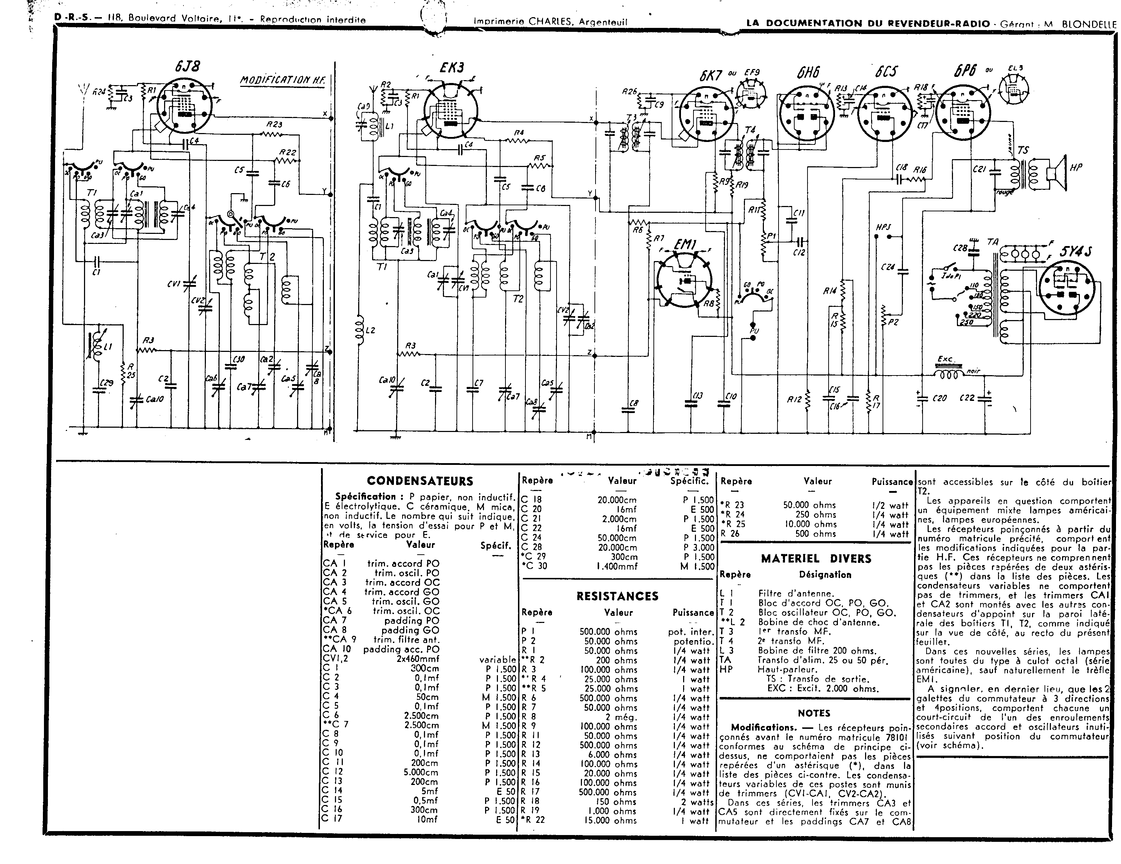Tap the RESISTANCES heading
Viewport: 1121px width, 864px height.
pyautogui.click(x=617, y=596)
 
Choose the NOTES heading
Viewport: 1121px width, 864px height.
pyautogui.click(x=814, y=713)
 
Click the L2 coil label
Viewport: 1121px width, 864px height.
pyautogui.click(x=370, y=330)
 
